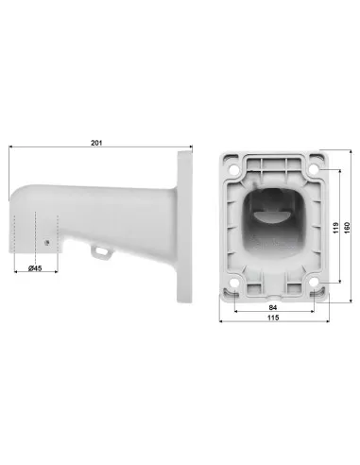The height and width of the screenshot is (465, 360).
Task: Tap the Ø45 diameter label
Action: [x=37, y=269]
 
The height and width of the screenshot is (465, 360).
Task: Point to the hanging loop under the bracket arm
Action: [x=98, y=250]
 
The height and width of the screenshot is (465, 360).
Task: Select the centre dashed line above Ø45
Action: [x=37, y=232]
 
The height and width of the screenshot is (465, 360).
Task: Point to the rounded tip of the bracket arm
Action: [x=12, y=203]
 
